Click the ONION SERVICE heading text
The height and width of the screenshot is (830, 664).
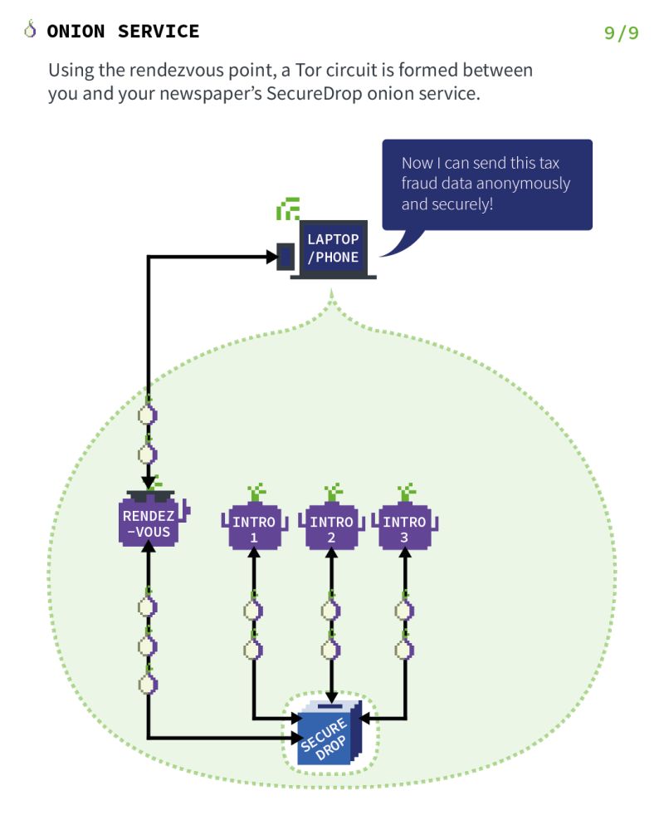(x=123, y=32)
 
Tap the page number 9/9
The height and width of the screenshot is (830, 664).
(x=621, y=33)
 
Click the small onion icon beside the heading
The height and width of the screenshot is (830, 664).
(x=31, y=31)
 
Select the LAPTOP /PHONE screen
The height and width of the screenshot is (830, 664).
(x=333, y=248)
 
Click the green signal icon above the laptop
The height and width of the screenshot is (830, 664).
(x=288, y=209)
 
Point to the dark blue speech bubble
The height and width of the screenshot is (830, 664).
(x=486, y=184)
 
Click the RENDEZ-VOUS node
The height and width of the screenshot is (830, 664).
(x=148, y=523)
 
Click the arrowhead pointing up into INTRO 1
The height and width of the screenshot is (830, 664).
(x=253, y=554)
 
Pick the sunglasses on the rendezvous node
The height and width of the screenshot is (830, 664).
(x=148, y=498)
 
